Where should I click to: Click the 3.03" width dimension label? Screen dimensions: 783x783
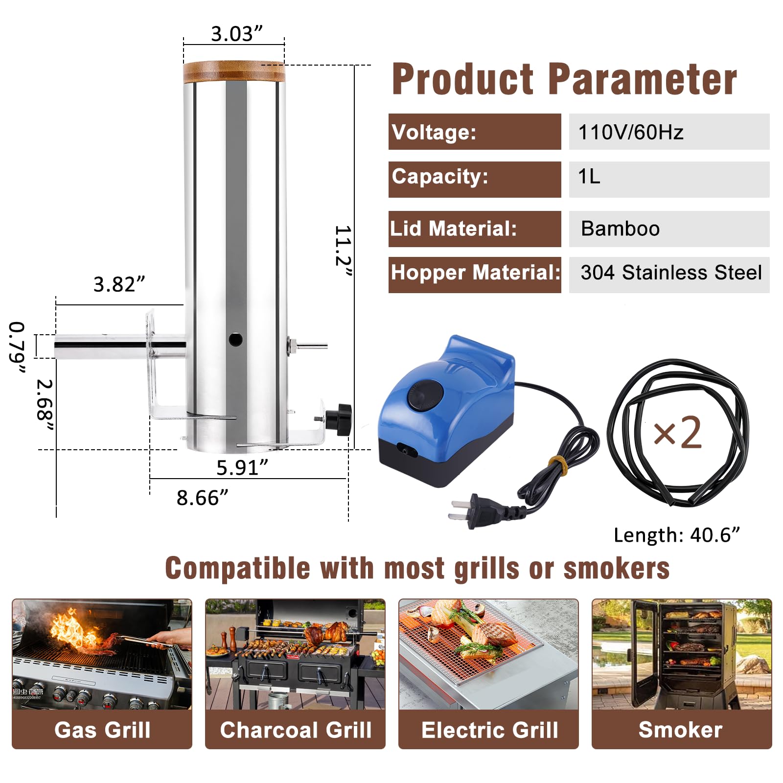[236, 34]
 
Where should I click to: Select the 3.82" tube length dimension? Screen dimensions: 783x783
[119, 284]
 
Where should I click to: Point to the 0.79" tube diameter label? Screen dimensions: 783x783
[17, 348]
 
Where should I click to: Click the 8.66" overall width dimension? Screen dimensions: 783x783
[202, 498]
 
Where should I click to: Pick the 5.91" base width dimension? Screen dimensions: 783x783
[242, 467]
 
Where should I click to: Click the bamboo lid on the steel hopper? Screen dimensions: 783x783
[234, 71]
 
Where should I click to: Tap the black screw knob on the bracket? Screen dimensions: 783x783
[339, 419]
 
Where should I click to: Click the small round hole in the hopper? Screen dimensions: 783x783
[235, 339]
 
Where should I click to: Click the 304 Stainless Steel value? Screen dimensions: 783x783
[670, 273]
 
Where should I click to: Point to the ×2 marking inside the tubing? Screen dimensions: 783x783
[678, 433]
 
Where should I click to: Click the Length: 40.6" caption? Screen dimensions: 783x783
[676, 535]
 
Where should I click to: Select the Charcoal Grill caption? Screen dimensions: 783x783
[296, 730]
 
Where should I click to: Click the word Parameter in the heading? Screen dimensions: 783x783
[642, 80]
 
